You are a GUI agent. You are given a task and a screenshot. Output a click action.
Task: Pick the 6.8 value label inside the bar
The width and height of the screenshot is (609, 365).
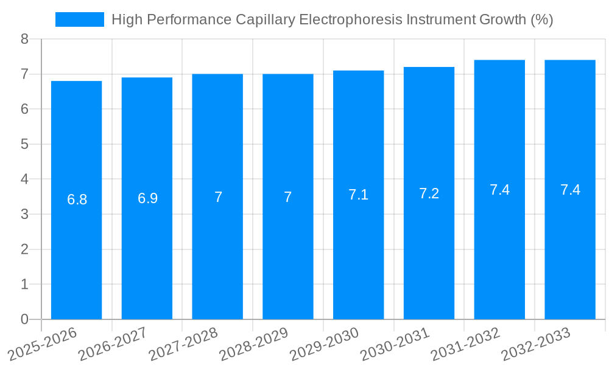[x=77, y=200]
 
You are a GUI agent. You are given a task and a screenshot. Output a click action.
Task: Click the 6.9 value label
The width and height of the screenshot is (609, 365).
[x=147, y=198]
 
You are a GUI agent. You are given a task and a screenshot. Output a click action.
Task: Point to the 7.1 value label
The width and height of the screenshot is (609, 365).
[x=358, y=195]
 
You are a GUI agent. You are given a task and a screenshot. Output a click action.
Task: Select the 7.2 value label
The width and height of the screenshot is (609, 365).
[x=429, y=193]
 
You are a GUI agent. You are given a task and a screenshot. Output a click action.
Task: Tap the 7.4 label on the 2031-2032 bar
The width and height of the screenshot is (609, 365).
[x=499, y=190]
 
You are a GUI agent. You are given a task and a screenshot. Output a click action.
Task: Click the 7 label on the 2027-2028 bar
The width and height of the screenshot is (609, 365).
[x=218, y=197]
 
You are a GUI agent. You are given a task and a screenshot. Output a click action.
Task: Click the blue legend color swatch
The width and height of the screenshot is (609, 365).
[x=79, y=19]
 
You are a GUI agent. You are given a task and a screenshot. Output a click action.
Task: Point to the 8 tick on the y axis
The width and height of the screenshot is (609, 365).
[x=24, y=39]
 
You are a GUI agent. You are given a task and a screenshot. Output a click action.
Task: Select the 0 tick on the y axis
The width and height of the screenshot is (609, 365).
[x=24, y=319]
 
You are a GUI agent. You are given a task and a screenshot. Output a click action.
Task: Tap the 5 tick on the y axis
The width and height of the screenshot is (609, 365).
[x=24, y=144]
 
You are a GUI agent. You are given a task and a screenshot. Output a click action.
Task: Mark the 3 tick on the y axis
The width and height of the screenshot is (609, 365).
[x=24, y=214]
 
